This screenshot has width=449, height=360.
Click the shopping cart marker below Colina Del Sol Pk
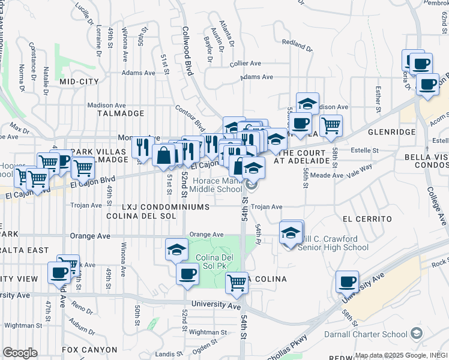[237, 281]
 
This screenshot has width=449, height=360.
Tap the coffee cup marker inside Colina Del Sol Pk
[187, 274]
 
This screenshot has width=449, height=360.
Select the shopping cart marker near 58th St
[331, 125]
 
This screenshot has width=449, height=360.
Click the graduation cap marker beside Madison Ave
[307, 103]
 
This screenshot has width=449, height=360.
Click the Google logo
[20, 353]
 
